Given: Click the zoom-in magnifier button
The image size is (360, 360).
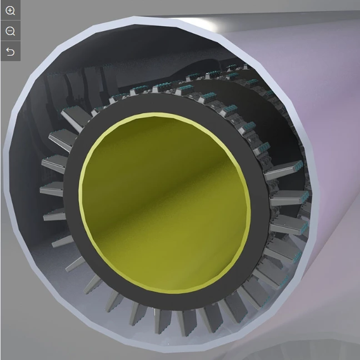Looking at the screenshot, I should point(10,11).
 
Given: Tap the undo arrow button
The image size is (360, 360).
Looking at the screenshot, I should point(10,52).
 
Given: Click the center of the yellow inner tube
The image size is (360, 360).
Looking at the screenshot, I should point(165,203).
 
